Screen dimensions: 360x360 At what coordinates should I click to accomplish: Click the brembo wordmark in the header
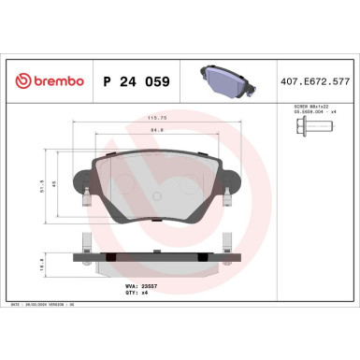pos(56,81)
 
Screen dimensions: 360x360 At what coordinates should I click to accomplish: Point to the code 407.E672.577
pos(314,81)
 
